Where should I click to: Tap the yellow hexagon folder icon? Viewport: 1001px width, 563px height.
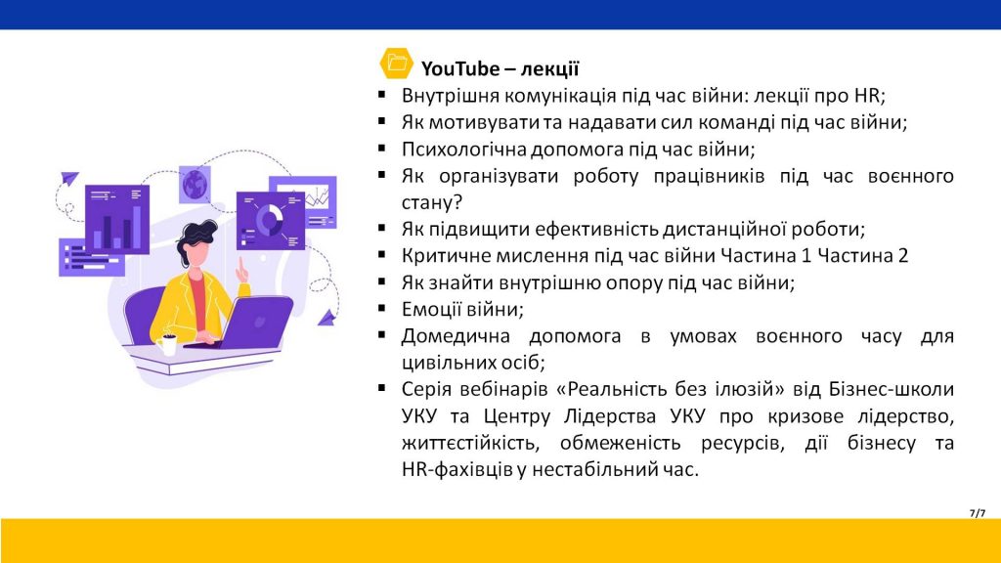[397, 64]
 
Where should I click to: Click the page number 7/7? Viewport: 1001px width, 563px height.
[978, 512]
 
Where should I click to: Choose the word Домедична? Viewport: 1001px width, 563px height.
[456, 336]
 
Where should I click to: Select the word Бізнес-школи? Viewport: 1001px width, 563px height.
[892, 389]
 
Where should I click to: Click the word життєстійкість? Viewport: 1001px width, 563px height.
[469, 443]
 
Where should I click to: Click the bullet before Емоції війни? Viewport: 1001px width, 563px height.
[382, 308]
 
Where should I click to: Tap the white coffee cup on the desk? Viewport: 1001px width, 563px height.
[166, 344]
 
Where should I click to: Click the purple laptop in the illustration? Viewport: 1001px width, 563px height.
[249, 325]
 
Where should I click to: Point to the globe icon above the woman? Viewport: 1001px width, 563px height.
[196, 185]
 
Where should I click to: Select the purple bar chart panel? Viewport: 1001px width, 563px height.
[117, 219]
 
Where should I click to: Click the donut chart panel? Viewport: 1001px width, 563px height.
[270, 221]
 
